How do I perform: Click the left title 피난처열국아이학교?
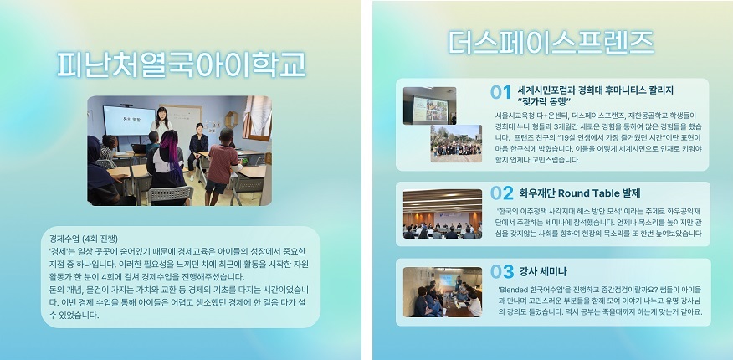coord(182,64)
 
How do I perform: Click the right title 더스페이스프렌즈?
coord(551,43)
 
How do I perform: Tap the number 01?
coord(500,92)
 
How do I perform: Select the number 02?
coord(501,193)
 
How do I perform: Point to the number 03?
coord(501,271)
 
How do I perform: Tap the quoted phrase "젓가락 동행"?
coord(545,101)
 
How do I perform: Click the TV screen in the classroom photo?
coord(129,121)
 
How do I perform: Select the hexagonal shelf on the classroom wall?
coord(232,120)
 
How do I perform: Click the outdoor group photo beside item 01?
coord(456,143)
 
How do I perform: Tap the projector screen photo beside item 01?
coord(429,105)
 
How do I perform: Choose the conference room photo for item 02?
coord(443,213)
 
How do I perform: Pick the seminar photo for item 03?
coord(443,292)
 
